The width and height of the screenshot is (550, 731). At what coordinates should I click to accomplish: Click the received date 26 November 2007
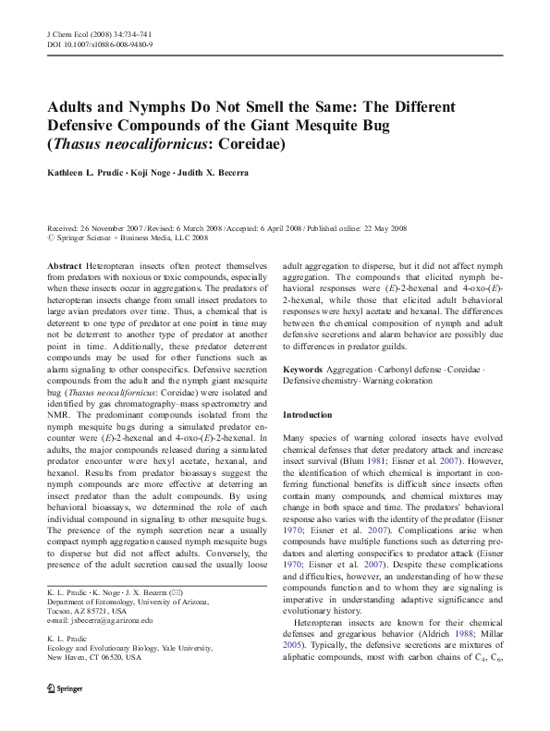click(x=113, y=227)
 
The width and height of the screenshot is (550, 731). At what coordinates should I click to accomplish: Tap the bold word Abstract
click(x=65, y=263)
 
